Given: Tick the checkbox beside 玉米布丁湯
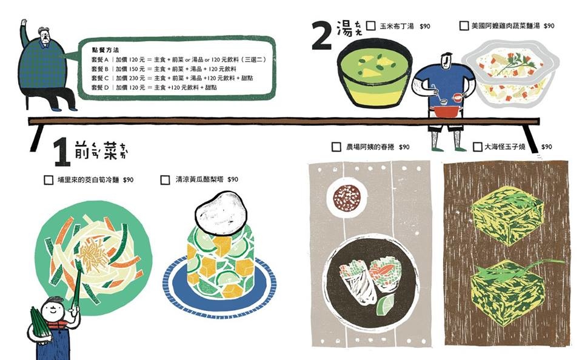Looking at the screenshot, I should [371, 26].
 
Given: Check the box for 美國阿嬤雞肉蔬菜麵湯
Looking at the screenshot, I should [464, 26].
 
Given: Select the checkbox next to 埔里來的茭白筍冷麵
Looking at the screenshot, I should [48, 180].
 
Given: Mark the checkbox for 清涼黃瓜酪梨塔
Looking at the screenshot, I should [165, 180].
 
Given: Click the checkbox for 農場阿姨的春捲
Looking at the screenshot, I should [336, 147].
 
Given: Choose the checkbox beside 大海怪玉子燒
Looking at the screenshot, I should [477, 147].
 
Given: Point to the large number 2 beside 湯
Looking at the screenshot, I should [322, 36].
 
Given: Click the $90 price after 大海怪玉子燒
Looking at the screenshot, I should [546, 147].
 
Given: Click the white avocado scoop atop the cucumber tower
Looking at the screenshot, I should [222, 212].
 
